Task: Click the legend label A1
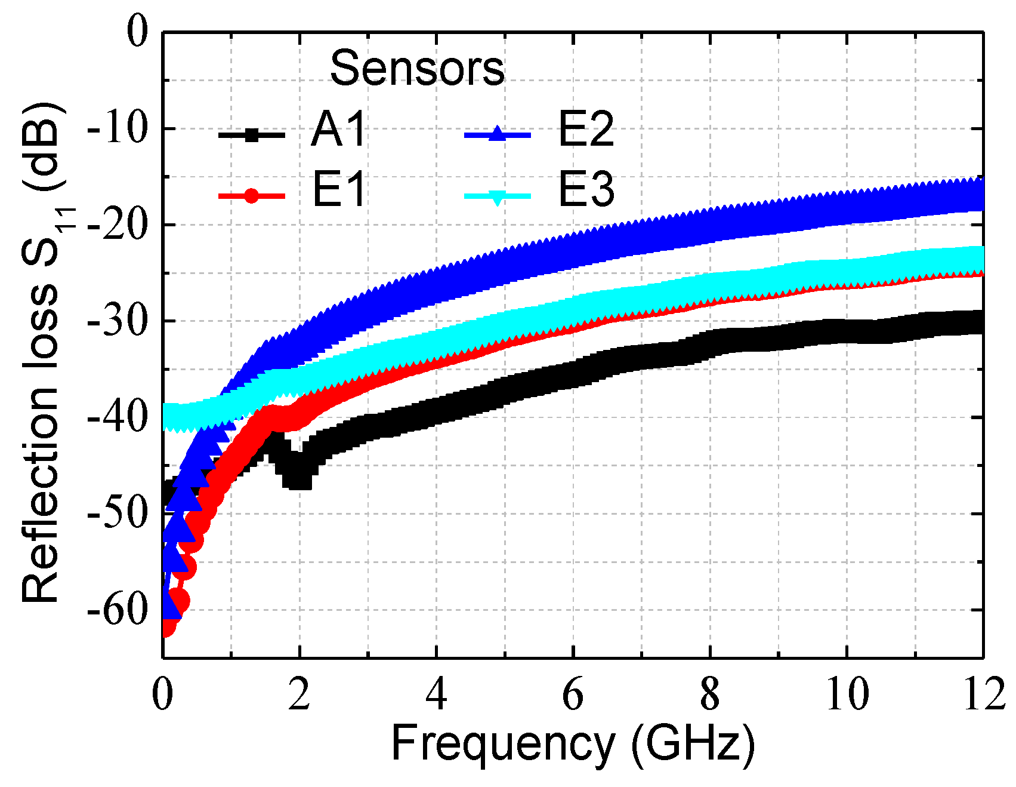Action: (x=338, y=130)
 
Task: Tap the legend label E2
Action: (x=586, y=130)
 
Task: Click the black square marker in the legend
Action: (x=252, y=136)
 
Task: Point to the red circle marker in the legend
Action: (x=252, y=196)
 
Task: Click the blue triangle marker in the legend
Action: (x=497, y=135)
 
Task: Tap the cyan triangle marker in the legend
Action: (x=497, y=196)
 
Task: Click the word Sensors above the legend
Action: (x=417, y=69)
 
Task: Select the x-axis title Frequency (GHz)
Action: (x=573, y=743)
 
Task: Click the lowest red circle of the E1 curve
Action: (x=167, y=627)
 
